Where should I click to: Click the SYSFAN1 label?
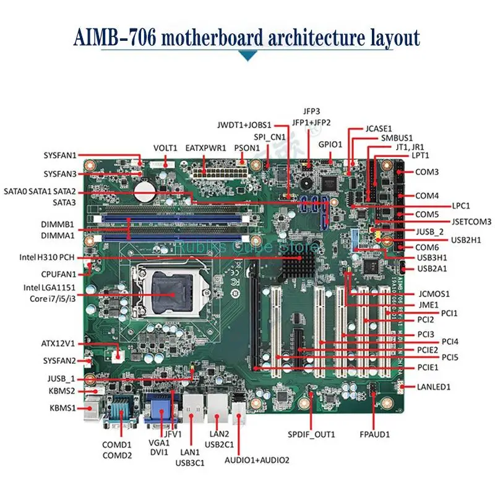60,155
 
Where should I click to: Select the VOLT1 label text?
165,148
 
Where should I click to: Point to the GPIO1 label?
330,144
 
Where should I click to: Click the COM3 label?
427,172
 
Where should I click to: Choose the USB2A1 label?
432,268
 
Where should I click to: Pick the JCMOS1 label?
434,294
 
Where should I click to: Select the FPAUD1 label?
375,434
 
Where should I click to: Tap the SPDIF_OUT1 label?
309,434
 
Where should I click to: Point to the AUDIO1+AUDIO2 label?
257,460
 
